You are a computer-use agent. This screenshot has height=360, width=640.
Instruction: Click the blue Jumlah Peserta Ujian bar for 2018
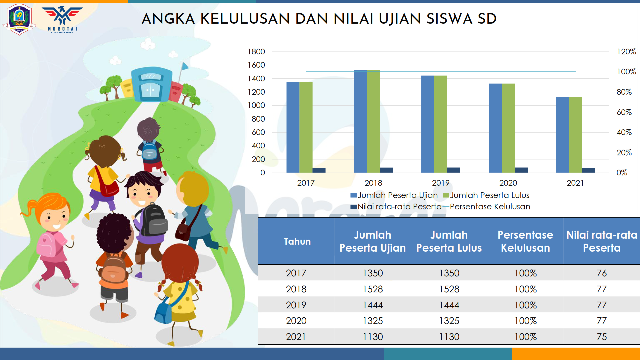(360, 121)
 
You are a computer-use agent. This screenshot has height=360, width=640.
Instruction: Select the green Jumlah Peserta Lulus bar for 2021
(576, 135)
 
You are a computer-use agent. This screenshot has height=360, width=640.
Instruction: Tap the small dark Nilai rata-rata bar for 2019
(454, 170)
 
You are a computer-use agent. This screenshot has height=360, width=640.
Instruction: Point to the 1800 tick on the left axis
(256, 52)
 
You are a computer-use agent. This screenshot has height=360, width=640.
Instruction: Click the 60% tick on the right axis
(624, 112)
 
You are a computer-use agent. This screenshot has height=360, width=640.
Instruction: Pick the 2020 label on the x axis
(508, 183)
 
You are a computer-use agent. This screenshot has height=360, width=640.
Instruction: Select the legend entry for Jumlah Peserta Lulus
(486, 195)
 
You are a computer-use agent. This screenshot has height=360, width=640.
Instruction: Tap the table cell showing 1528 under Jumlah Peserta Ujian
(373, 289)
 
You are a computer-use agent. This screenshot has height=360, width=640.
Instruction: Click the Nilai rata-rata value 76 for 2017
(602, 273)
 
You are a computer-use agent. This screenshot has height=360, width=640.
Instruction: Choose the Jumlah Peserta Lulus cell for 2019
(449, 305)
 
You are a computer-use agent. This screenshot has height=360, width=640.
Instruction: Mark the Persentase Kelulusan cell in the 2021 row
(525, 337)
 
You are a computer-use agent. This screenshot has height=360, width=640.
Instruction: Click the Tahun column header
(297, 241)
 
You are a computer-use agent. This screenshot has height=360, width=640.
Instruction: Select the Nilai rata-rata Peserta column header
(602, 241)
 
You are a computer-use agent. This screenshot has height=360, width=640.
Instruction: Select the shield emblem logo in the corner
(19, 19)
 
